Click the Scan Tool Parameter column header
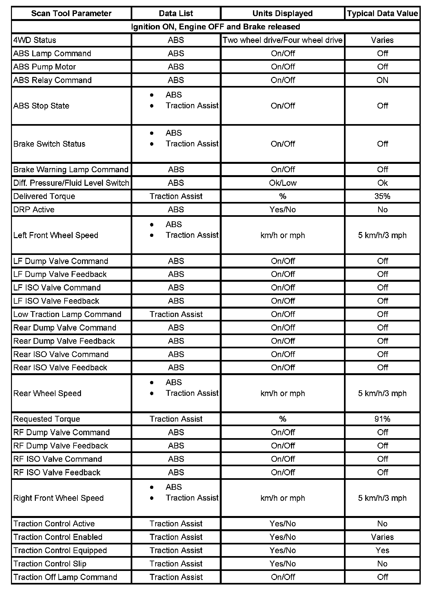coord(71,14)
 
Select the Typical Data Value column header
coord(382,14)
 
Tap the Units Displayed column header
coord(282,14)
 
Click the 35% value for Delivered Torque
coord(382,196)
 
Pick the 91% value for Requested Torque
coord(382,419)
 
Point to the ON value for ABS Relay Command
coord(382,80)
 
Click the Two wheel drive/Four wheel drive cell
coord(282,40)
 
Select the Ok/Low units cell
coord(282,183)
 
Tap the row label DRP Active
coord(34,210)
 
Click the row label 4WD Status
coord(35,40)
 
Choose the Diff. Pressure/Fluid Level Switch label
coord(71,183)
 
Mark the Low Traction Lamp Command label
coord(67,314)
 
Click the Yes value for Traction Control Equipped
coord(382,550)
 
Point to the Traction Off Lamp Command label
coord(65,577)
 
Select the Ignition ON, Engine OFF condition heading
coord(216,27)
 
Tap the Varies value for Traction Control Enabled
coord(382,537)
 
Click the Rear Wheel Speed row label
coord(47,393)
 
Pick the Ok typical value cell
coord(382,183)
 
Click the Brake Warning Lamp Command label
coord(71,170)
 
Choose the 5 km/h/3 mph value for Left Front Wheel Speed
coord(382,235)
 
